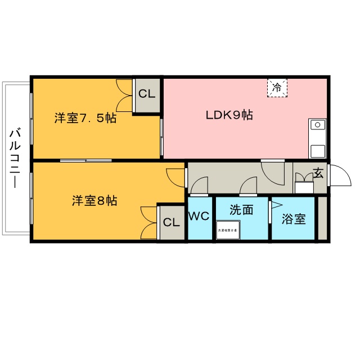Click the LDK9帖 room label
click(228, 116)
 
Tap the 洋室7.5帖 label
click(85, 119)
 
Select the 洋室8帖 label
click(94, 201)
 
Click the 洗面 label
click(241, 210)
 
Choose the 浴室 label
click(294, 219)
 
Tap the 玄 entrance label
click(318, 173)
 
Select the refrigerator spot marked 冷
click(277, 88)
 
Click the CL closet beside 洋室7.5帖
click(147, 94)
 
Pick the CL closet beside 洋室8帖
click(171, 222)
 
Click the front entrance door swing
click(339, 176)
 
